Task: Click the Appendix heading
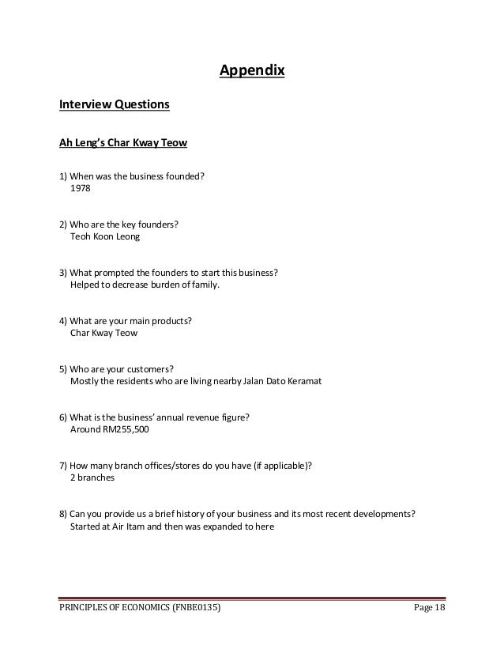click(x=251, y=74)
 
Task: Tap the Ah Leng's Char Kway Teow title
click(x=123, y=144)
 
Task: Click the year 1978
click(x=81, y=190)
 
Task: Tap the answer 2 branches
click(x=93, y=478)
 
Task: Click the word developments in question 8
click(x=376, y=514)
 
